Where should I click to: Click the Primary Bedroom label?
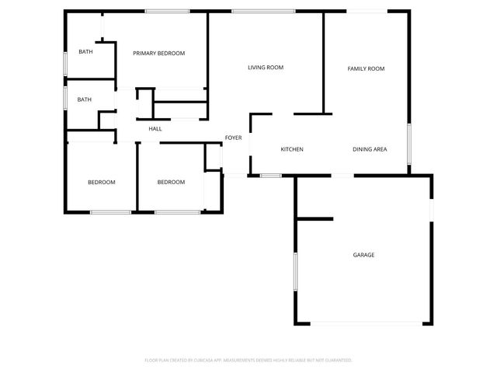[158, 53]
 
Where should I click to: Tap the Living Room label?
[265, 68]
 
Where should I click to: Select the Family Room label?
[366, 69]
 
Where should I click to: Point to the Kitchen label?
[291, 149]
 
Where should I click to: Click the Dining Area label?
[370, 149]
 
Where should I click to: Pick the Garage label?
[363, 255]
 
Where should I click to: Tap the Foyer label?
[233, 138]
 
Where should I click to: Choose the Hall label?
[155, 128]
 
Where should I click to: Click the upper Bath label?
[85, 52]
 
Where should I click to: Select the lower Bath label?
[84, 99]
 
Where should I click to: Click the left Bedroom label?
[101, 183]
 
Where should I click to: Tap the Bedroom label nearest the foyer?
[171, 183]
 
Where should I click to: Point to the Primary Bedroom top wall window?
[169, 10]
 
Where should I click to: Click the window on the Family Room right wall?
[409, 144]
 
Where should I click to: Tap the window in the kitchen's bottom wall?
[270, 176]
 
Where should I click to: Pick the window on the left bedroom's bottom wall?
[110, 212]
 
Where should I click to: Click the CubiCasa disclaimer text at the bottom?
[248, 361]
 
